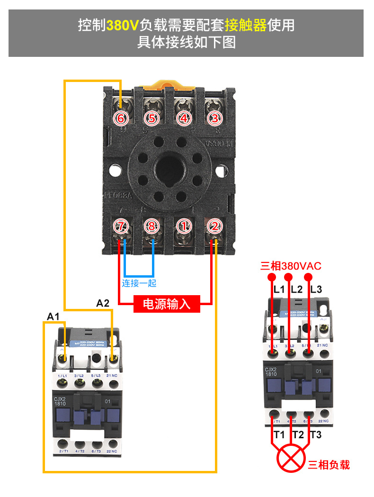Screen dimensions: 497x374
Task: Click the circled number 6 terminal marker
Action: click(x=121, y=118)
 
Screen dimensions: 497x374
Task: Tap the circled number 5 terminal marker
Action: click(x=151, y=118)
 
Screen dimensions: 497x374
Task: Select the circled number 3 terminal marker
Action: click(x=215, y=118)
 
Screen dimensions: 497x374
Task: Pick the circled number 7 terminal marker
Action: click(x=121, y=226)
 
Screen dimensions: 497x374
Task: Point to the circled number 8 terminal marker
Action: click(x=151, y=226)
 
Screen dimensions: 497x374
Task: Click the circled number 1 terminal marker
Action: click(x=184, y=226)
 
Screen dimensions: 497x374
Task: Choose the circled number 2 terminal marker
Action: click(x=215, y=226)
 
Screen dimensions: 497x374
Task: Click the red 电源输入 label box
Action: click(x=167, y=304)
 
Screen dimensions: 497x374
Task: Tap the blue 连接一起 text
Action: click(x=139, y=283)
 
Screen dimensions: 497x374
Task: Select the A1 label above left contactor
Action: click(x=53, y=316)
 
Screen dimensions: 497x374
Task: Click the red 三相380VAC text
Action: click(x=291, y=266)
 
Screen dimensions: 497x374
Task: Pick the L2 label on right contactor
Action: click(x=297, y=289)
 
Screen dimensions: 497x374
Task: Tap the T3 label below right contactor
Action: click(x=315, y=434)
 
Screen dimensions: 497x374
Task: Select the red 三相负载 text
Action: click(x=329, y=465)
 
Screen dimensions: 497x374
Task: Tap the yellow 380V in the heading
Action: click(x=122, y=25)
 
